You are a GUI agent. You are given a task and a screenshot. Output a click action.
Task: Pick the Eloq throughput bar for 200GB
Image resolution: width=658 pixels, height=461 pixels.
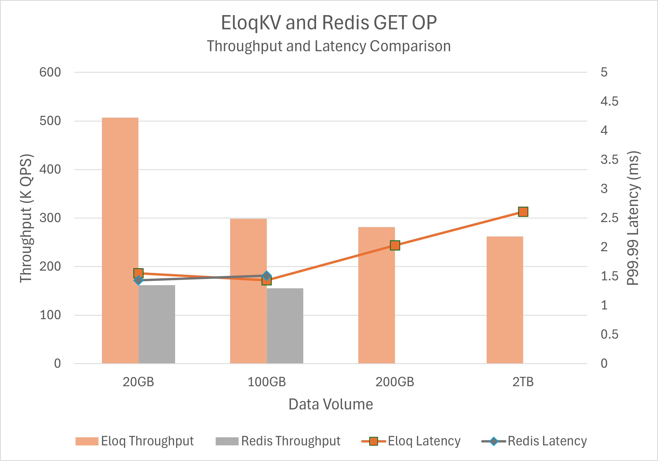point(376,295)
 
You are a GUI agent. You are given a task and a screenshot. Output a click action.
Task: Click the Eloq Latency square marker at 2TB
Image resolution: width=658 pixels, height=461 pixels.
point(523,212)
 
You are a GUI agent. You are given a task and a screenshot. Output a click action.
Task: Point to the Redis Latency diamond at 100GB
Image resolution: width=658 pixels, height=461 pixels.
point(267,276)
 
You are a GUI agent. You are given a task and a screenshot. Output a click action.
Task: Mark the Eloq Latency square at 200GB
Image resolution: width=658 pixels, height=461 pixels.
point(395,245)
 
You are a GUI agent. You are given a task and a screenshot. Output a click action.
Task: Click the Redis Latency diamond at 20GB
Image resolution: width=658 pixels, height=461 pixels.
point(138,280)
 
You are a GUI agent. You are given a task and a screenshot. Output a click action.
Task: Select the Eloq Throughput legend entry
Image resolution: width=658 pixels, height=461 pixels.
point(135,441)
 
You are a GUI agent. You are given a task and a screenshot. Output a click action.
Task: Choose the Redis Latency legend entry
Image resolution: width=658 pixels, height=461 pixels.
point(534,441)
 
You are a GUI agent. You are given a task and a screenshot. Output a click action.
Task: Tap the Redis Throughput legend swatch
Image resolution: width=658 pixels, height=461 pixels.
point(227,441)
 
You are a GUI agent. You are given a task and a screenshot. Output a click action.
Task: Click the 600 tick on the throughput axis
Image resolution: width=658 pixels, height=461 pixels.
point(50,72)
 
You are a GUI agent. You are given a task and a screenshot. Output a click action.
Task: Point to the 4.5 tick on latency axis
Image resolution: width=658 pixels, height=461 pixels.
point(609,101)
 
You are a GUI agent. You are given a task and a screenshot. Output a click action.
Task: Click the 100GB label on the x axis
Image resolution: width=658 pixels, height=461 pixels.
point(267,382)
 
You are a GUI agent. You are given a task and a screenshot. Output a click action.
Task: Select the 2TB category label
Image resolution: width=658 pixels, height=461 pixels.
point(523,382)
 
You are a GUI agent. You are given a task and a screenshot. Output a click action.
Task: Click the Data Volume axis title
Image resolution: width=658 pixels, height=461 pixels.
point(331,404)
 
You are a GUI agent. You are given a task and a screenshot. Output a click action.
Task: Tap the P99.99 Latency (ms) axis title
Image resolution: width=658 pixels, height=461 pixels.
point(633,218)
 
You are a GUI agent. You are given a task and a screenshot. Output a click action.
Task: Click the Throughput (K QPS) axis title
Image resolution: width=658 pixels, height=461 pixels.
point(26,218)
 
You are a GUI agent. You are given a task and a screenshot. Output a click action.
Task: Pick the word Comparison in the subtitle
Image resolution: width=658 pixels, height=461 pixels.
point(410,46)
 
